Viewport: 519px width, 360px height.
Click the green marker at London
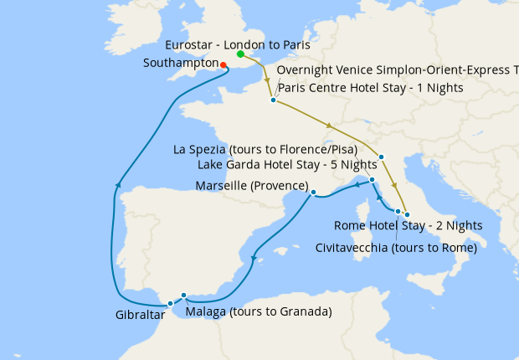240,54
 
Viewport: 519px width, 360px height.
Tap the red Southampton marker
224,64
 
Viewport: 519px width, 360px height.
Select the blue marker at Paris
273,100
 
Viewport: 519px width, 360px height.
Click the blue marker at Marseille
313,193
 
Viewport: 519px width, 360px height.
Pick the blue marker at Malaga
183,296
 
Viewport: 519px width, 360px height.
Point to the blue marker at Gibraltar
170,304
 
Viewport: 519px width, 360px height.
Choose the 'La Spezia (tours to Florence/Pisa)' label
265,150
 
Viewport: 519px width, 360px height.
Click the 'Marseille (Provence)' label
251,185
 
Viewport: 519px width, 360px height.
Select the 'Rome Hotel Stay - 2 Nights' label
408,226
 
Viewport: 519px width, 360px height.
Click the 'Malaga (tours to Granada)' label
258,312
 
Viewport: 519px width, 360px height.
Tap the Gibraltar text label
140,316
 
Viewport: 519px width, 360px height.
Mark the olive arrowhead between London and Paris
268,82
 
